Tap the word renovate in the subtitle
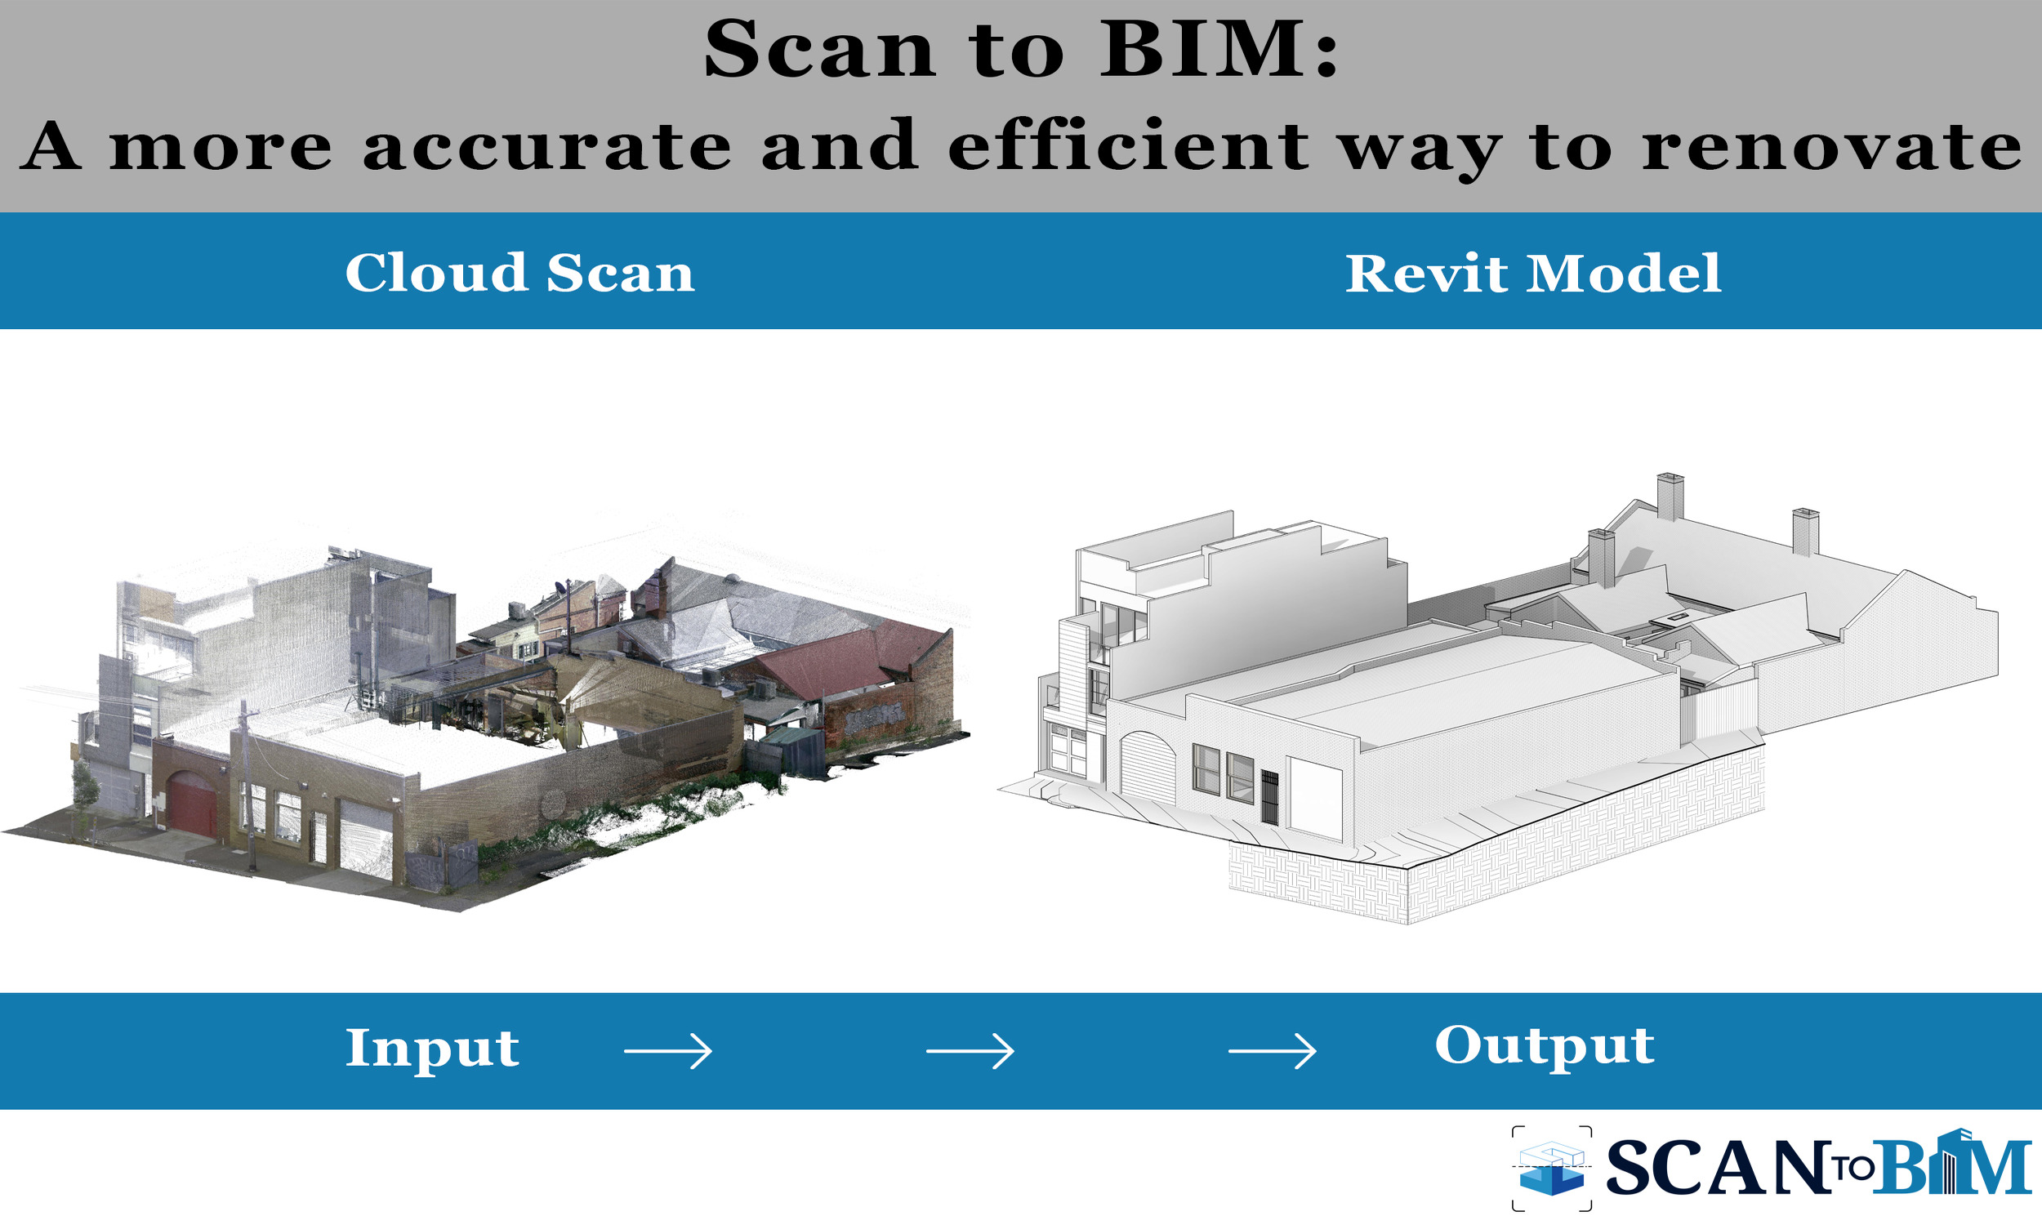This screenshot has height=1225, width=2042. click(1830, 147)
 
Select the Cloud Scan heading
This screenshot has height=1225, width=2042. click(519, 273)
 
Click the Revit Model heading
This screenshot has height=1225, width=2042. click(1533, 274)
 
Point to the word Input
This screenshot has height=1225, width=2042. click(431, 1049)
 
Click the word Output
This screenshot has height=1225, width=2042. click(1545, 1046)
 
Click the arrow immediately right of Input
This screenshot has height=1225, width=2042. click(668, 1052)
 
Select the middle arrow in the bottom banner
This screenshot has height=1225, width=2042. click(970, 1052)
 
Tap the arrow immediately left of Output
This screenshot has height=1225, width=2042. click(1272, 1052)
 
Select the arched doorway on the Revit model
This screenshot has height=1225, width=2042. click(1148, 768)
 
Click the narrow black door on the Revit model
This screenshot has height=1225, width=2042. click(1269, 797)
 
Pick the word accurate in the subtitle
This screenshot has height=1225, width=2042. click(546, 147)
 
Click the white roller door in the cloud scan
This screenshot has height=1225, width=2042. click(366, 838)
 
